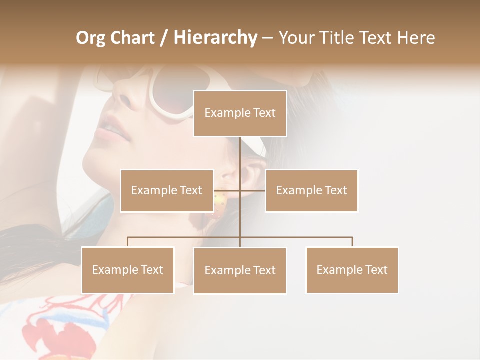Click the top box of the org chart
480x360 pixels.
click(240, 113)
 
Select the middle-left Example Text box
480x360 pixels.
click(166, 190)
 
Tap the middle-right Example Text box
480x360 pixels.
click(311, 190)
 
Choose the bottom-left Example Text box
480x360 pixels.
click(128, 270)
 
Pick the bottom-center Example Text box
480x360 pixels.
click(240, 270)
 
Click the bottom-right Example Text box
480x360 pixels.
click(352, 270)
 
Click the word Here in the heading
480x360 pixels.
click(416, 38)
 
